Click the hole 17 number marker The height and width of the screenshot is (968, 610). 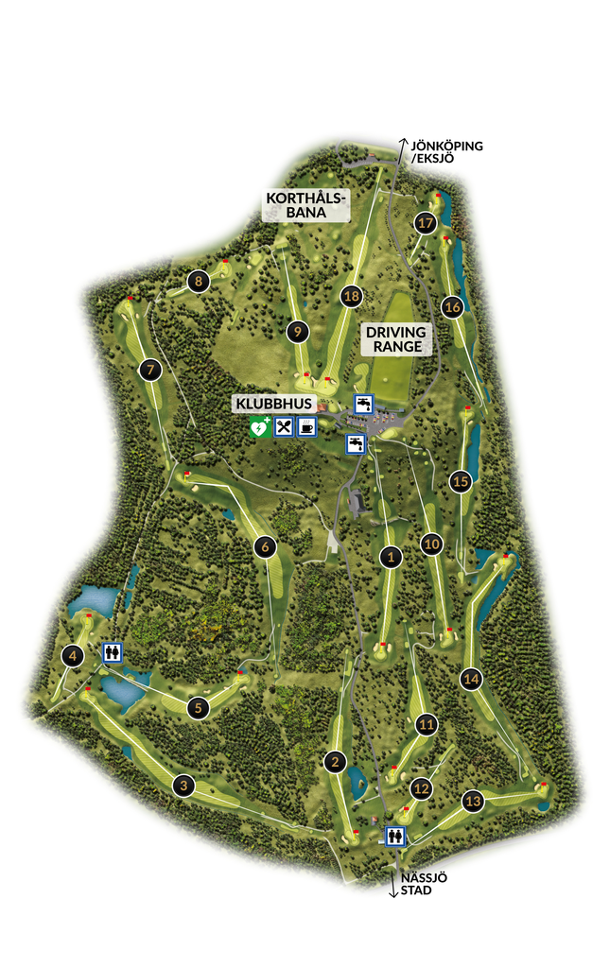[426, 223]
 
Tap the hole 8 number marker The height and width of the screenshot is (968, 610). [198, 280]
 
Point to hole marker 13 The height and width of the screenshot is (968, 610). [474, 802]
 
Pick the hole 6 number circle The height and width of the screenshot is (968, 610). [265, 545]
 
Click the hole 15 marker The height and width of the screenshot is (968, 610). [461, 481]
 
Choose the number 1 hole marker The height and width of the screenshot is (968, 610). [390, 558]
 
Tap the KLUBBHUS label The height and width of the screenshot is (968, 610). [273, 404]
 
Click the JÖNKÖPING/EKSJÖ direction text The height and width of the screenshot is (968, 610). [446, 152]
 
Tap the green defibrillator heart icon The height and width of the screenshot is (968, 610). [259, 427]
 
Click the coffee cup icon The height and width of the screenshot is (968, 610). [307, 427]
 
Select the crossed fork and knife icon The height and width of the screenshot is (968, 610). [284, 427]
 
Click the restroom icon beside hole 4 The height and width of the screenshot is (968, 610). [113, 652]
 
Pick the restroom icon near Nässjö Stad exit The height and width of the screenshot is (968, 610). [395, 836]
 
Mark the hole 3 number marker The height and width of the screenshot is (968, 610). [183, 784]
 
